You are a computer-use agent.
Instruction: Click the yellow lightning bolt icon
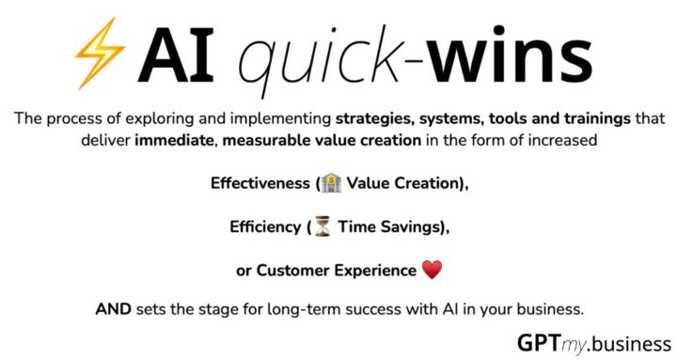[99, 54]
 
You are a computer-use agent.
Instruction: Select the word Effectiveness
[260, 184]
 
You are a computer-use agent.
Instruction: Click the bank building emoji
[331, 184]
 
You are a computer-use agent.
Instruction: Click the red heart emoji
[431, 271]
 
